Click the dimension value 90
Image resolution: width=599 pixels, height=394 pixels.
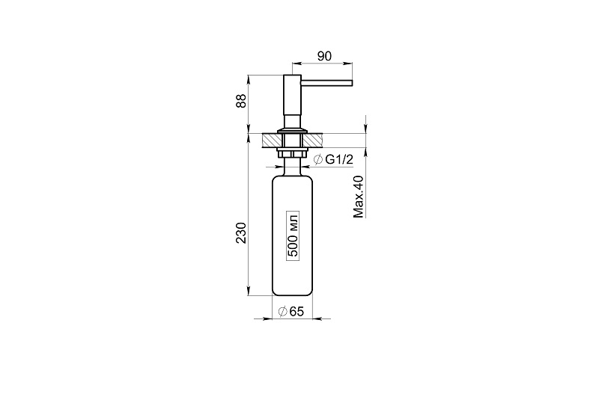[x=324, y=56]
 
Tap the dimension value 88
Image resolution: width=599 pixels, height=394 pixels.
[x=241, y=101]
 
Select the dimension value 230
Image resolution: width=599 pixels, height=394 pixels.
[x=241, y=233]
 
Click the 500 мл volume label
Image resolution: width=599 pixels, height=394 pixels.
[x=293, y=236]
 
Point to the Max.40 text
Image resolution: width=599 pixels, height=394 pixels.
[x=359, y=197]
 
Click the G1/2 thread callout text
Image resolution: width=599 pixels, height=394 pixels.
[x=339, y=160]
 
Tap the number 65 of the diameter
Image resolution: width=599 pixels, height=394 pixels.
[x=297, y=312]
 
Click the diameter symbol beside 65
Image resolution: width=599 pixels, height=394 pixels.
[x=283, y=312]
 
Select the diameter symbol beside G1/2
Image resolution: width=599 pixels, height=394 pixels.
[x=317, y=160]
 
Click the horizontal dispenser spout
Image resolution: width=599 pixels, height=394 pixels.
[x=326, y=82]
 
